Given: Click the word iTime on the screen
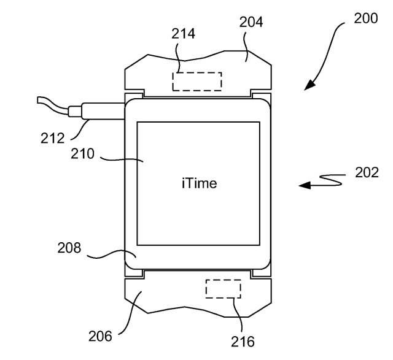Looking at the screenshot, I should [199, 183].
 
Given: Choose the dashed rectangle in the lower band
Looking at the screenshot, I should [223, 288].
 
